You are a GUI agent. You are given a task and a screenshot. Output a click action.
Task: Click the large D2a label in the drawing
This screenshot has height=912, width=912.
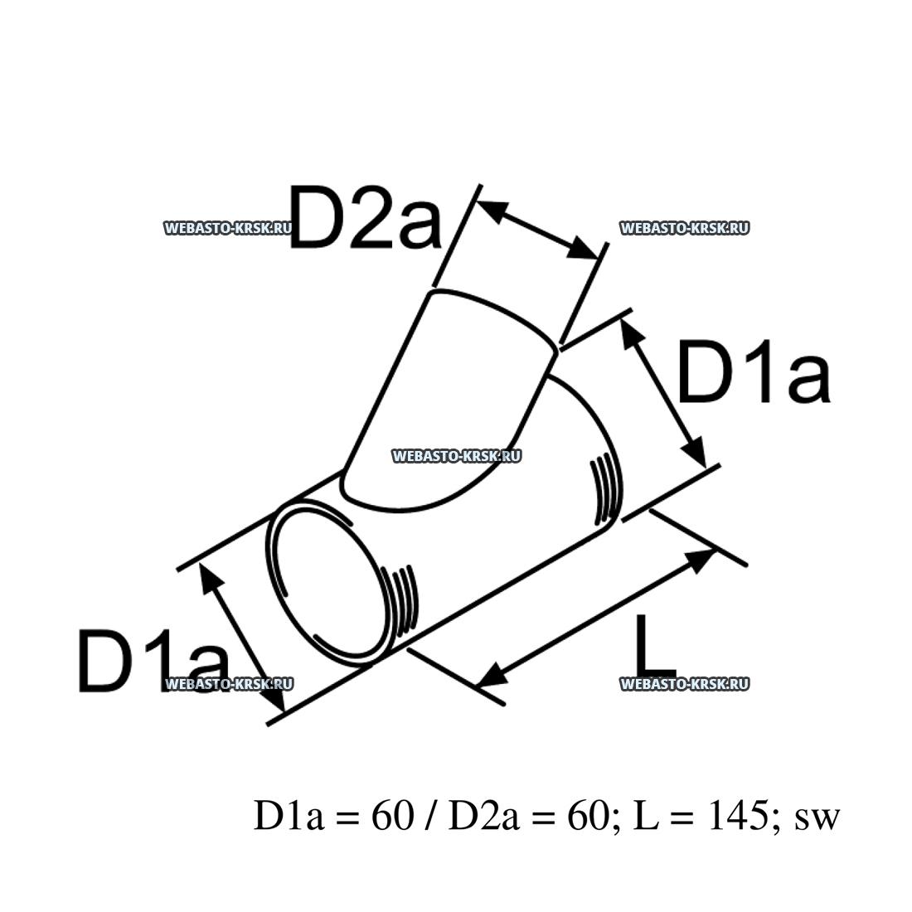pos(365,217)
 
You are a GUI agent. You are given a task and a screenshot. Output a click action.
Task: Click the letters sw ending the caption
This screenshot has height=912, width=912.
pos(817,818)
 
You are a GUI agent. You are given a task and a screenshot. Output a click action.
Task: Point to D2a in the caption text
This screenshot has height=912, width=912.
pos(482,817)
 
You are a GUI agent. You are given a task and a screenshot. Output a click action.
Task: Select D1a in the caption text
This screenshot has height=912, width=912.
pos(285,817)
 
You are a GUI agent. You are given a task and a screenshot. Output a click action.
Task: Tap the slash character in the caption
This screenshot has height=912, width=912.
pos(430,817)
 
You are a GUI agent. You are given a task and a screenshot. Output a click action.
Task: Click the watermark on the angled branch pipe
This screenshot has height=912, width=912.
pos(455,455)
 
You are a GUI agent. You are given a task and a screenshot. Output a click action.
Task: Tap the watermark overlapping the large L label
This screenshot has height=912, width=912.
pos(684,684)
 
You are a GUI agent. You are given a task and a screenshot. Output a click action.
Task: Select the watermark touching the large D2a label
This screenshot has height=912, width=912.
pos(228,228)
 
